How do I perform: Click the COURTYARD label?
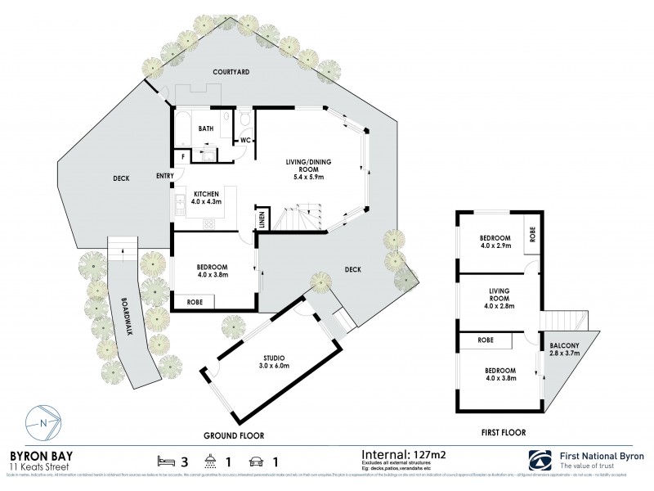click(x=231, y=72)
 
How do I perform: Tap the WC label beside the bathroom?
click(x=244, y=141)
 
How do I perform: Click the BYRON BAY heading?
click(x=41, y=455)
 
